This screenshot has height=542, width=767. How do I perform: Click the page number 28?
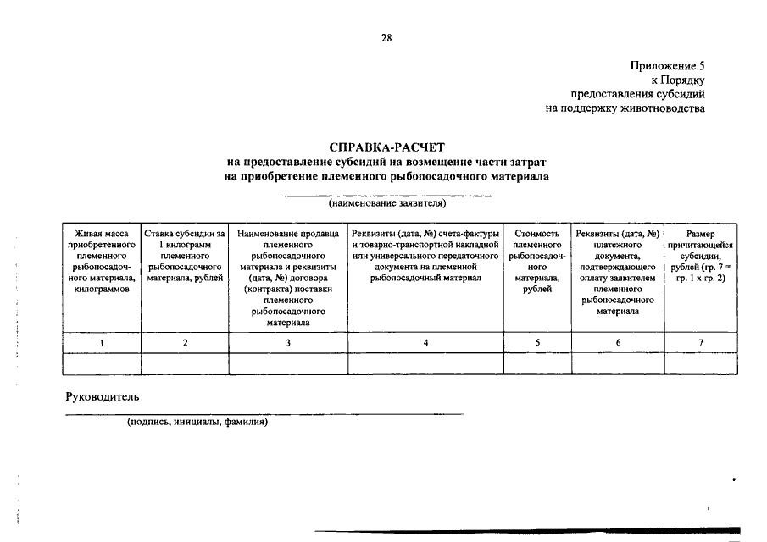click(x=386, y=37)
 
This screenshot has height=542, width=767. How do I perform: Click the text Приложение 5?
click(x=667, y=65)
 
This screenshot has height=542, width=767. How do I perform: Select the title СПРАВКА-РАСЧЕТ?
click(x=386, y=147)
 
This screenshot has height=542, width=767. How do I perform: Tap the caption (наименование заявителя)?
click(x=387, y=203)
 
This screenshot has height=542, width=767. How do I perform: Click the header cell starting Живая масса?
click(x=102, y=261)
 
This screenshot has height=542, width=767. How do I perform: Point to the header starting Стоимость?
click(x=537, y=261)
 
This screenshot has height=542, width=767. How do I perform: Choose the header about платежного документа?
click(x=617, y=272)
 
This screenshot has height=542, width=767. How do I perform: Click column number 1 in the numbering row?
click(x=102, y=342)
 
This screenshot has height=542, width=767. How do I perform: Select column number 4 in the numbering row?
click(x=426, y=342)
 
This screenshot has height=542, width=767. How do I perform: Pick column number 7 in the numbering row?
click(x=700, y=342)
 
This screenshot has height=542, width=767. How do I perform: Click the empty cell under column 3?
click(x=288, y=363)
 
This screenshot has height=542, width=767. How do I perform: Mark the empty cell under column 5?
click(x=537, y=363)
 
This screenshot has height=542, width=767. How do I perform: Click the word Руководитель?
click(x=103, y=396)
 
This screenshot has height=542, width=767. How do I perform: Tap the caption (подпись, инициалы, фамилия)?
click(x=197, y=421)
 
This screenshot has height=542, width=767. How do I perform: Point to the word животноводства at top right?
click(x=662, y=108)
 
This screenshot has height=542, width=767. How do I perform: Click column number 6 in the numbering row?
click(x=617, y=342)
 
